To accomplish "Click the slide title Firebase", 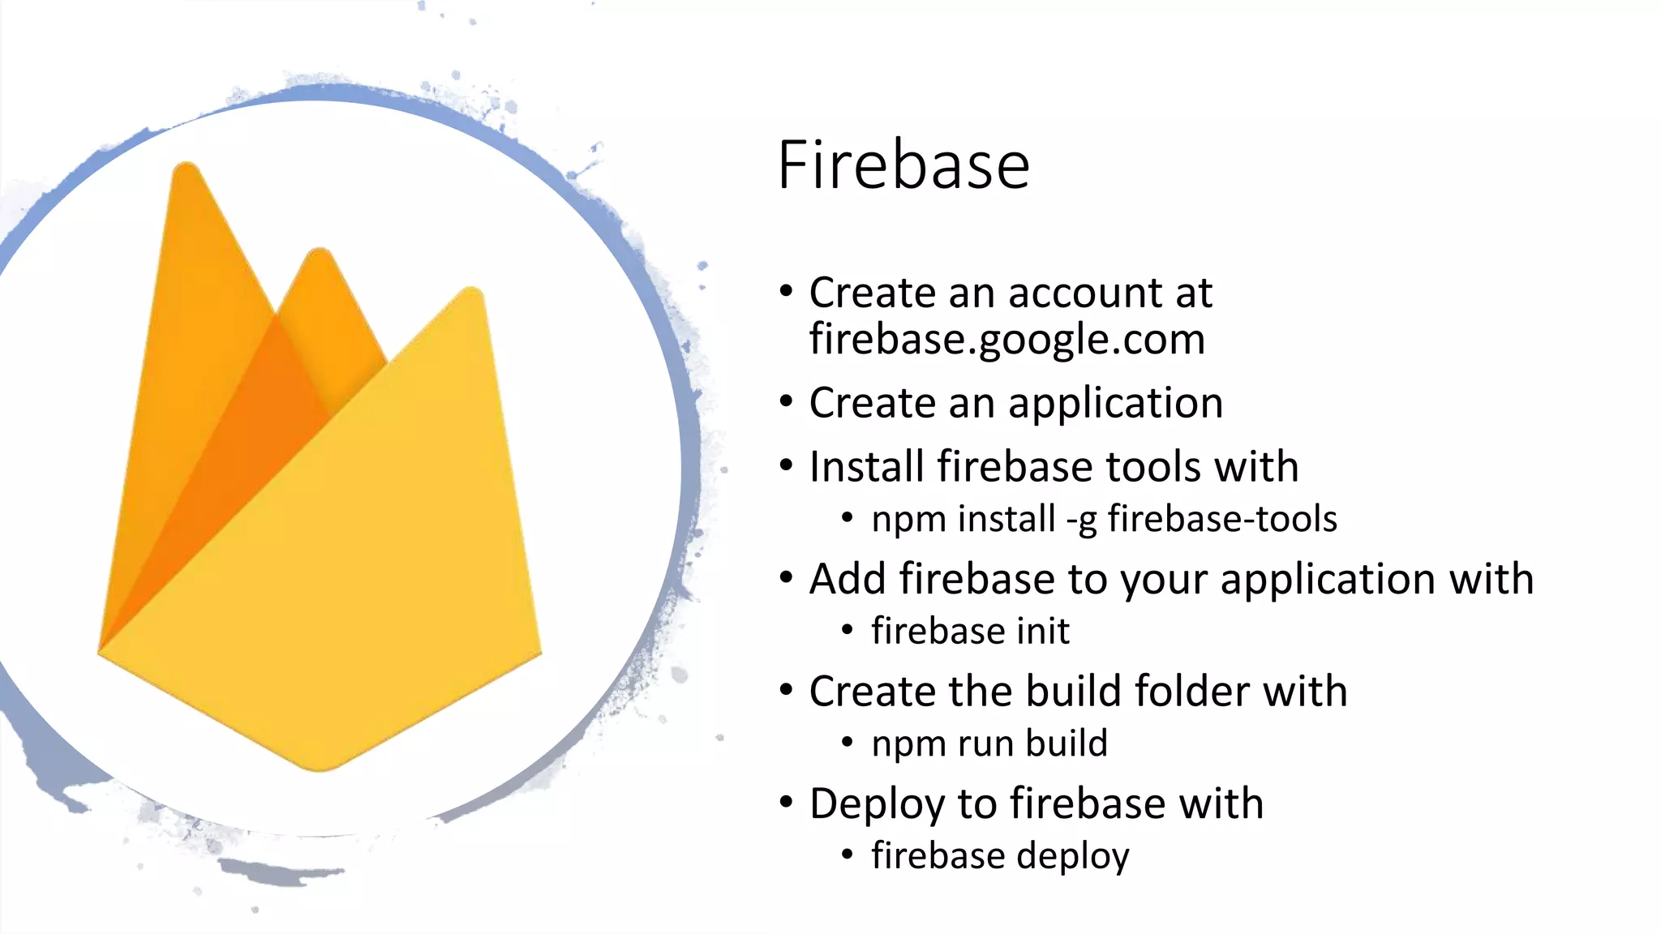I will pyautogui.click(x=903, y=165).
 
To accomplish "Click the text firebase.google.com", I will pyautogui.click(x=1006, y=339).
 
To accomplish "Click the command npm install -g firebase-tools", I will pyautogui.click(x=1104, y=519).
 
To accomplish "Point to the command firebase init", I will pyautogui.click(x=970, y=631).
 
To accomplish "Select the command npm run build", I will pyautogui.click(x=989, y=743).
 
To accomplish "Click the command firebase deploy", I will pyautogui.click(x=1000, y=856).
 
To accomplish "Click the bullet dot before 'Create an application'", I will pyautogui.click(x=785, y=402).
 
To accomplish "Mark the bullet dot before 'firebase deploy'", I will pyautogui.click(x=848, y=854).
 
